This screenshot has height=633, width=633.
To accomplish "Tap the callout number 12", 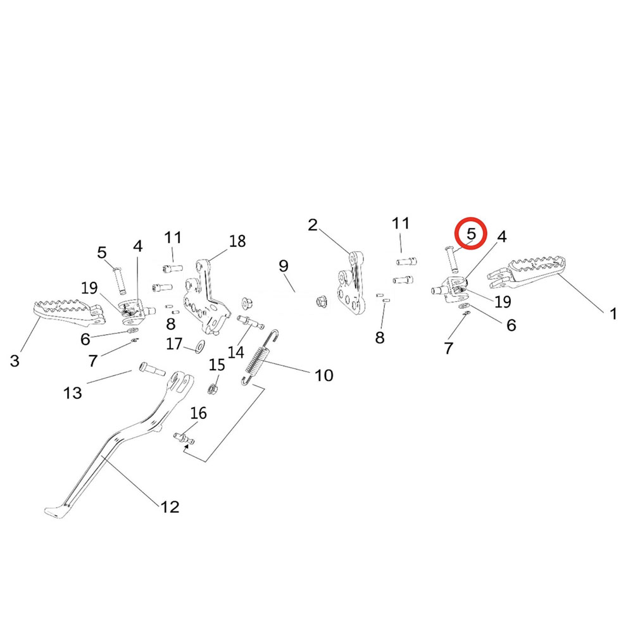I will pyautogui.click(x=170, y=506).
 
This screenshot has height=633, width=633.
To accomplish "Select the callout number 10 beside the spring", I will pyautogui.click(x=323, y=375).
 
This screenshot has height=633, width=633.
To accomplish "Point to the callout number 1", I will pyautogui.click(x=613, y=313).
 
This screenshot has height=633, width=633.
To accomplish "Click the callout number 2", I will pyautogui.click(x=313, y=225).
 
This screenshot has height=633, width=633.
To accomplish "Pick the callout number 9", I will pyautogui.click(x=283, y=265).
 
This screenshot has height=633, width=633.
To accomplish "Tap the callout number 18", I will pyautogui.click(x=237, y=241).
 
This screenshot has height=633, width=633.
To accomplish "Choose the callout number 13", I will pyautogui.click(x=73, y=392).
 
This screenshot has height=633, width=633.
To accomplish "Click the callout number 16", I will pyautogui.click(x=198, y=413).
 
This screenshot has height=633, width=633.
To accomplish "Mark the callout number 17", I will pyautogui.click(x=175, y=344).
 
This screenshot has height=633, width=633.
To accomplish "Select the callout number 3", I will pyautogui.click(x=15, y=361).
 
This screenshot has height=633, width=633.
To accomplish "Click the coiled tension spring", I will pyautogui.click(x=261, y=358).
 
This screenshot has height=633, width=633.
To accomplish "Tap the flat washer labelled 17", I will pyautogui.click(x=199, y=346).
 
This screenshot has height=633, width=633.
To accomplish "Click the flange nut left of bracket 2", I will pyautogui.click(x=320, y=301).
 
